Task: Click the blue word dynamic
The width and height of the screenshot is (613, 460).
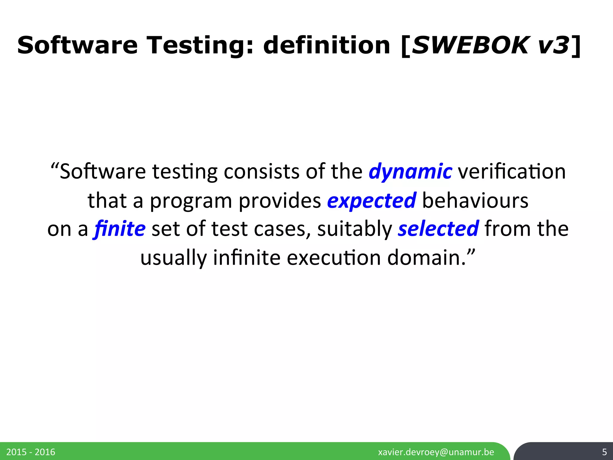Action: tap(410, 172)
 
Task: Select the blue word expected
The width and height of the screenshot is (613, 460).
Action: tap(371, 201)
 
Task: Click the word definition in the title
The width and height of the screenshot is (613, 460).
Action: tap(327, 46)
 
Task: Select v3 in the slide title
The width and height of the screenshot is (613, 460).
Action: tap(553, 46)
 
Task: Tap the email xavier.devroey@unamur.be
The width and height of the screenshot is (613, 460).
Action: tap(436, 452)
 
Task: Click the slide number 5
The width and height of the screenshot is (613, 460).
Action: tap(604, 452)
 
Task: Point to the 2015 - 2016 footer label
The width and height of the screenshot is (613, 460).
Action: tap(31, 452)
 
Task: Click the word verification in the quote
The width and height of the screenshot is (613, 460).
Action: tap(512, 172)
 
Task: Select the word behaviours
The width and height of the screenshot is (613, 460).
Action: tap(475, 201)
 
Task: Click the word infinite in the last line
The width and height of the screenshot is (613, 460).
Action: tap(247, 258)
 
